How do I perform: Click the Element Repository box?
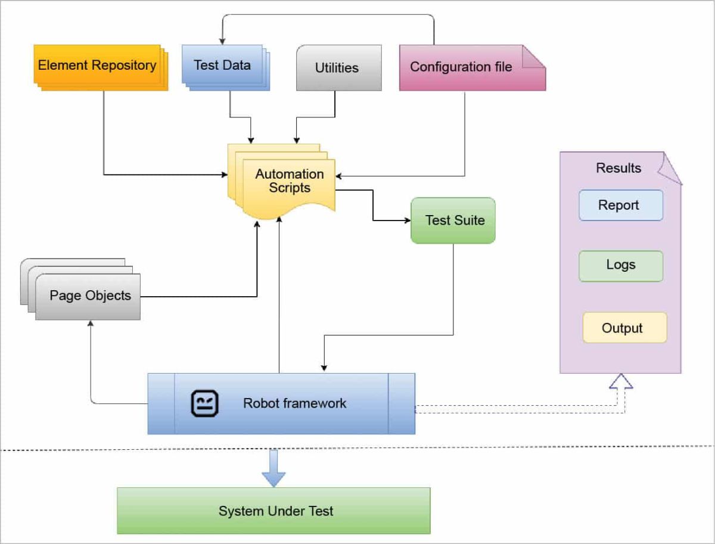tap(97, 65)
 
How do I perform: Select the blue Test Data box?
tap(222, 65)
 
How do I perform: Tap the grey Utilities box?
tap(338, 68)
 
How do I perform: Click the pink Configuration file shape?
tap(462, 67)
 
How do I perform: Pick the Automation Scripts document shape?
tap(288, 181)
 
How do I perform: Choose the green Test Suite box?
tap(453, 220)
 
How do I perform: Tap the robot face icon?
tap(205, 403)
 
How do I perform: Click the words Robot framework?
tap(294, 403)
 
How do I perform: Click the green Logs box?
tap(620, 266)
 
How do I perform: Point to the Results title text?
tap(618, 168)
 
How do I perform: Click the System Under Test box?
tap(273, 511)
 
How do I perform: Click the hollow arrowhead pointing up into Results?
tap(620, 381)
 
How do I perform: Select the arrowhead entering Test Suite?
tap(407, 220)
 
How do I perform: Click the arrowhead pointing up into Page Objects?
tap(91, 324)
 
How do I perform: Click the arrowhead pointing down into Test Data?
tap(222, 41)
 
